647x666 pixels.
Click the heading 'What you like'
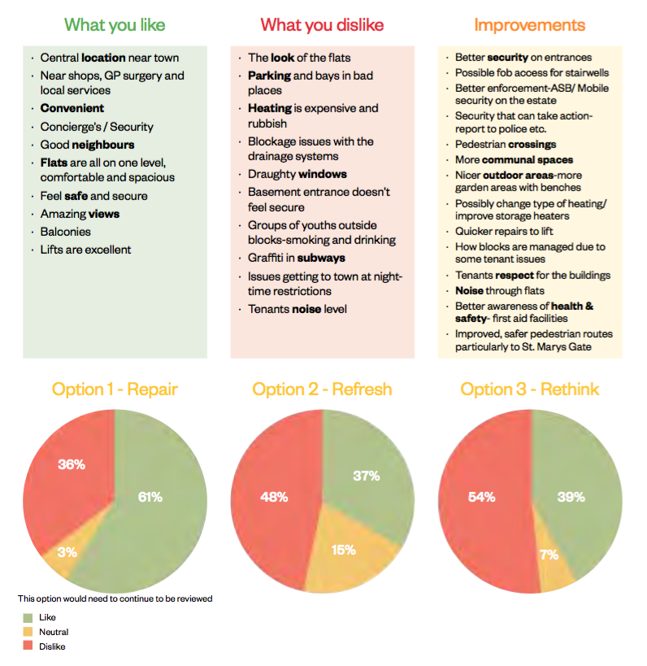tap(115, 24)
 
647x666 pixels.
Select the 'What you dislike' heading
tap(322, 24)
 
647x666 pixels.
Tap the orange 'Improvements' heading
tap(529, 24)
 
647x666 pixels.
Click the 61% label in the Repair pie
tap(150, 497)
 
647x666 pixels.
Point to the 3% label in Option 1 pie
tap(67, 551)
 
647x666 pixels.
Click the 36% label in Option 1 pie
tap(72, 464)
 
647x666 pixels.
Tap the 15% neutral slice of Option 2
tap(343, 550)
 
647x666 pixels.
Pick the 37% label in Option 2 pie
tap(366, 477)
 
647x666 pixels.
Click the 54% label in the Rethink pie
tap(482, 497)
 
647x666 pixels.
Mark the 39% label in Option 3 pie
tap(571, 497)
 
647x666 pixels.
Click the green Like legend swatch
tap(28, 617)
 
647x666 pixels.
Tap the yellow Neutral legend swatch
tap(28, 632)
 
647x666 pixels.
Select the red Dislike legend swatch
tap(28, 646)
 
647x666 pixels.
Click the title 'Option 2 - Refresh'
tap(322, 389)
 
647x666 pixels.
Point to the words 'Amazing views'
tap(80, 214)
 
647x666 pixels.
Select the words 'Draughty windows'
tap(297, 174)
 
